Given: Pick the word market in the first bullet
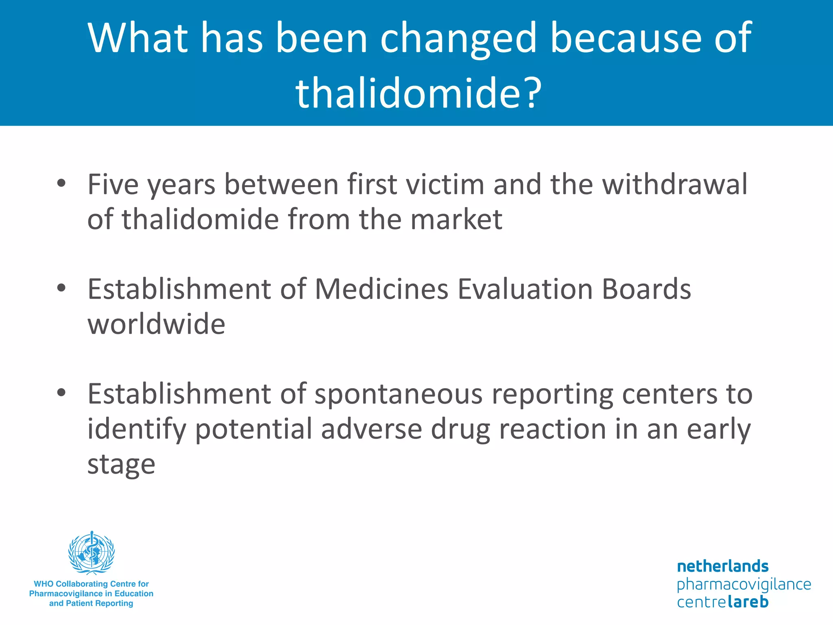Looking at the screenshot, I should pyautogui.click(x=456, y=219).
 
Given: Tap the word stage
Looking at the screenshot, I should pyautogui.click(x=121, y=465).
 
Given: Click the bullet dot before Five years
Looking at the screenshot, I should pyautogui.click(x=61, y=184).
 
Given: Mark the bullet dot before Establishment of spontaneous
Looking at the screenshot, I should pyautogui.click(x=61, y=393).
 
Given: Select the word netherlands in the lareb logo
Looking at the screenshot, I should pyautogui.click(x=722, y=566).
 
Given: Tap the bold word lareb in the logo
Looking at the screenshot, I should pyautogui.click(x=748, y=602).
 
